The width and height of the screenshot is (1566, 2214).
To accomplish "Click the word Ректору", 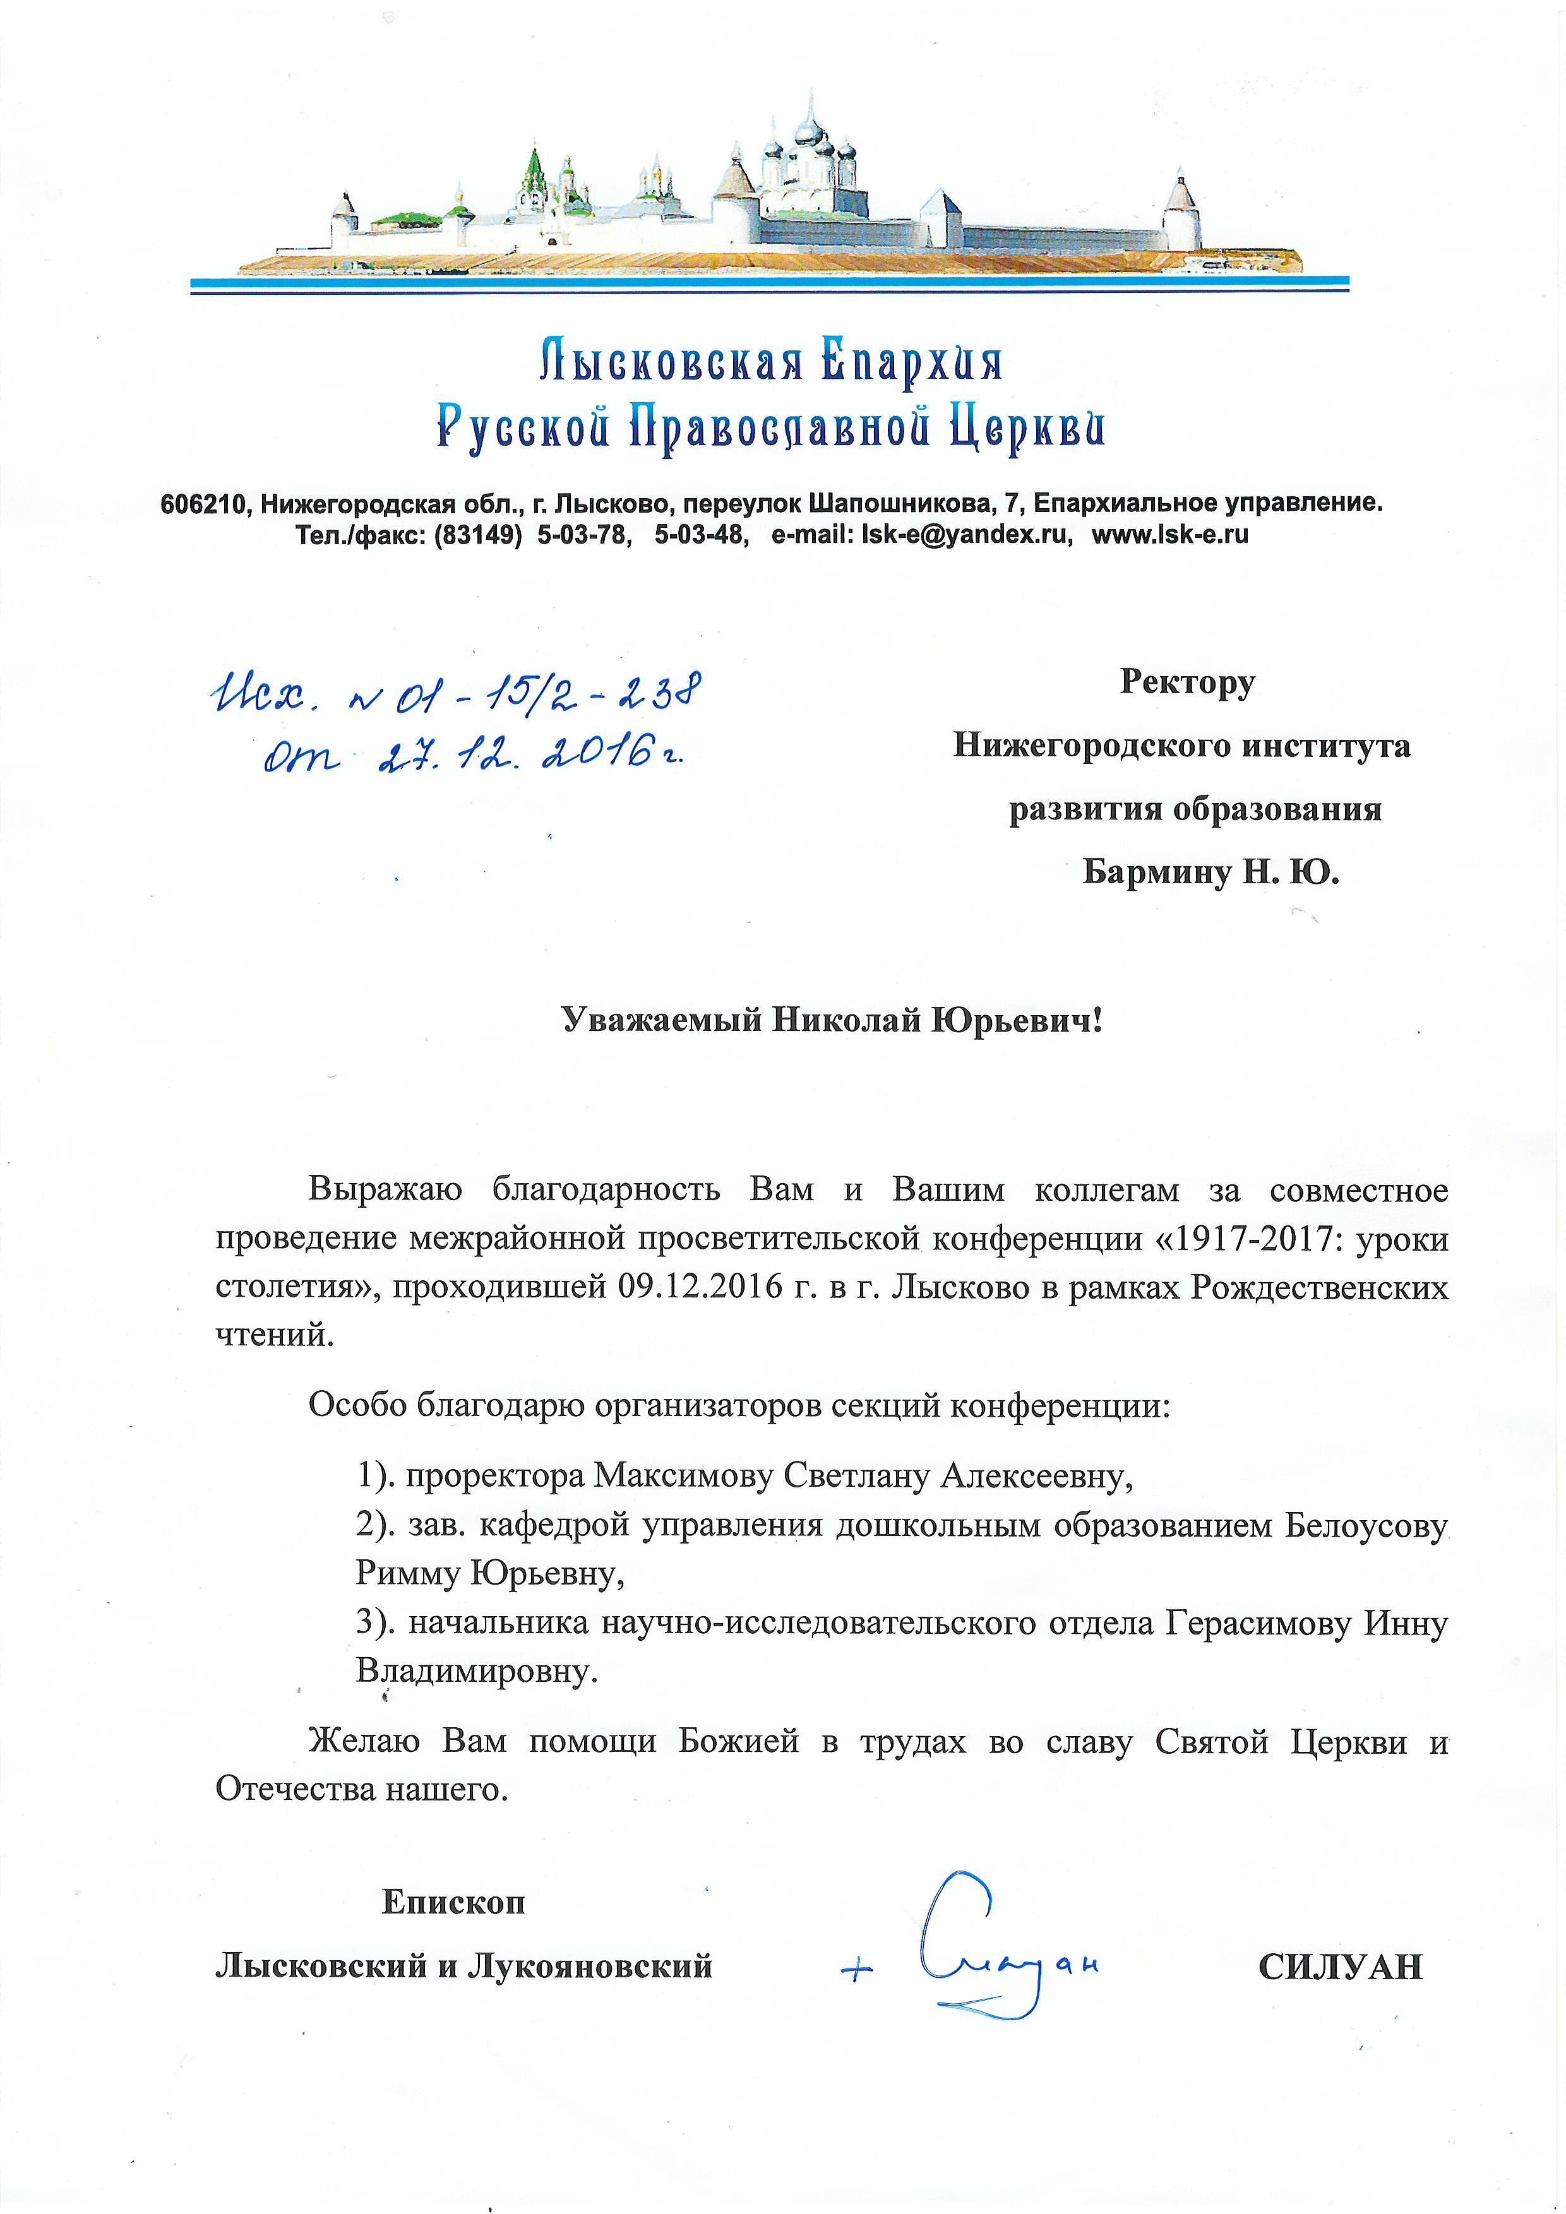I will pyautogui.click(x=1187, y=682).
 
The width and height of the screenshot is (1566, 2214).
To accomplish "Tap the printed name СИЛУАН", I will pyautogui.click(x=1341, y=1966).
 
